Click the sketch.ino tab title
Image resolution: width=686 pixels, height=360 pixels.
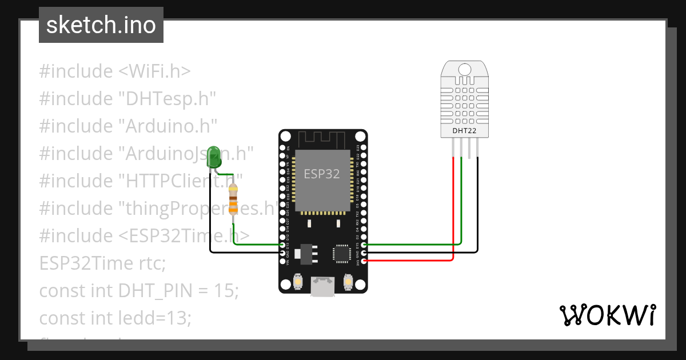101,25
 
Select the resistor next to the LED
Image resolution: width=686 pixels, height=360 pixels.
233,199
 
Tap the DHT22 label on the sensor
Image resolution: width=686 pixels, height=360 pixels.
464,131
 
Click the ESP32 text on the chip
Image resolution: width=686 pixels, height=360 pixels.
321,174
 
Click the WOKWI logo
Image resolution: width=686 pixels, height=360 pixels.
608,315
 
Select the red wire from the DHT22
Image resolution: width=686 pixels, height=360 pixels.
453,206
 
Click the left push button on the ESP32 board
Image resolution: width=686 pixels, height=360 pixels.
298,281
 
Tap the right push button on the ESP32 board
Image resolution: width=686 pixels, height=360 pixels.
347,281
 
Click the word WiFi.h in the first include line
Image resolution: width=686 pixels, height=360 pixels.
154,71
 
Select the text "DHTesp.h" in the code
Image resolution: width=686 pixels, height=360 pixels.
167,99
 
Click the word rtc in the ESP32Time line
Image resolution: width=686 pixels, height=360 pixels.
151,263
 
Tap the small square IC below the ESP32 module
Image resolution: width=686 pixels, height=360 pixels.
342,253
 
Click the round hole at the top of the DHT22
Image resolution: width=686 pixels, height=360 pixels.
465,69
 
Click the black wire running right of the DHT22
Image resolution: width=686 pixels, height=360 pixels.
477,206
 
